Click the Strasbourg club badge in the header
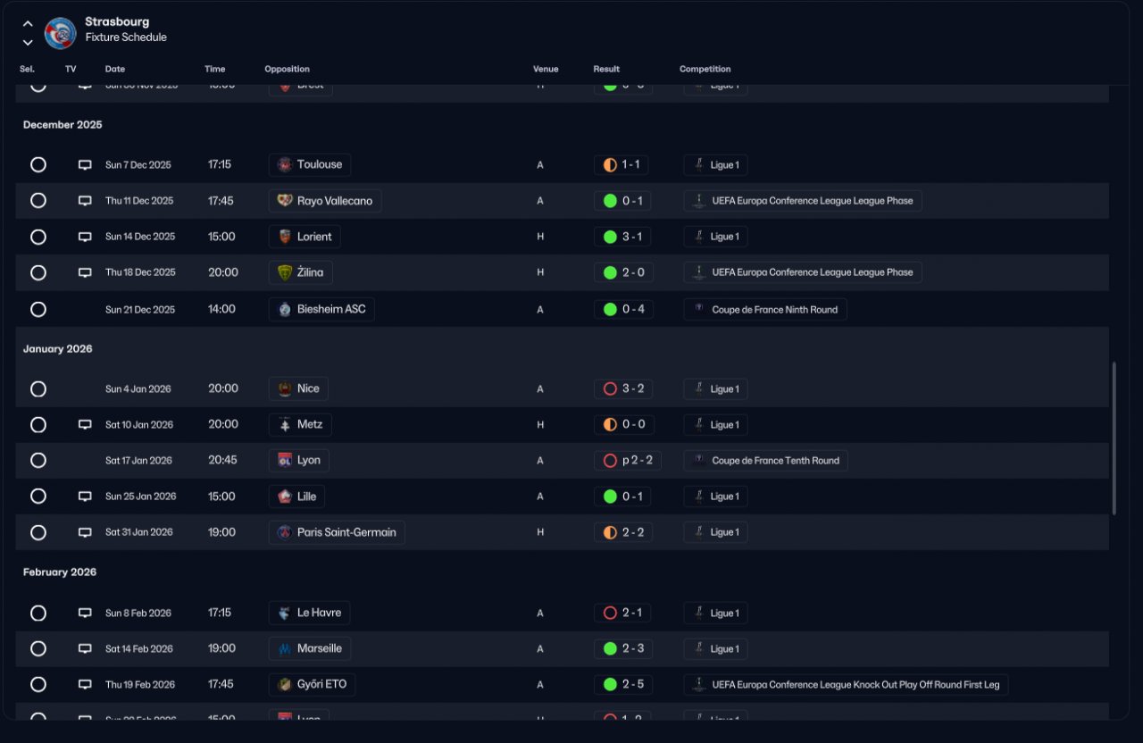tap(61, 34)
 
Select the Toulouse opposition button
tap(310, 165)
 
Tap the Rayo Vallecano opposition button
tap(325, 201)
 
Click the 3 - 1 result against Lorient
tap(622, 237)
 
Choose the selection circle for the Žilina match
tap(38, 272)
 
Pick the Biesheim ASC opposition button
tap(321, 309)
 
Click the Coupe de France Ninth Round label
tap(765, 309)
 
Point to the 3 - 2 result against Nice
tap(622, 388)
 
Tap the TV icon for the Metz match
tap(85, 425)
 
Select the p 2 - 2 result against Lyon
tap(627, 461)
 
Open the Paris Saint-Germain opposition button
tap(337, 532)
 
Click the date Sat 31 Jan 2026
tap(139, 532)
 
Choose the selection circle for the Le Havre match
tap(38, 614)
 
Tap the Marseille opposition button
tap(309, 649)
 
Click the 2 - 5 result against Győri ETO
tap(622, 685)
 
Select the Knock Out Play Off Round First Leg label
tap(847, 685)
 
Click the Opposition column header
tap(287, 69)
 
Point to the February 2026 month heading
tap(60, 572)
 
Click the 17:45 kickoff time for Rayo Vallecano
tap(221, 201)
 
